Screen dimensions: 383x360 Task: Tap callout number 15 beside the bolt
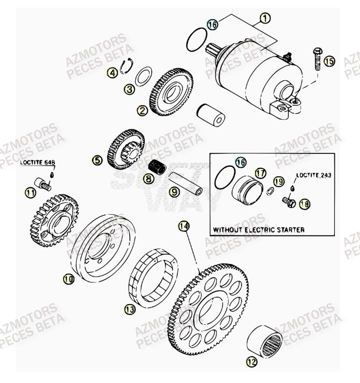coord(329,61)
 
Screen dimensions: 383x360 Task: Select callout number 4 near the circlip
coord(112,72)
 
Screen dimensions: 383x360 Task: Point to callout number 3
coord(129,90)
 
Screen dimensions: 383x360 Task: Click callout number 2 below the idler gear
coord(142,111)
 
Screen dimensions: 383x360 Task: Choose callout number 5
coord(97,159)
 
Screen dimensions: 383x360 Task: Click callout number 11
coord(32,191)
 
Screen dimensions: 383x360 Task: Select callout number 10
coord(68,278)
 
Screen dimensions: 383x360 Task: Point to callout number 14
coord(183,226)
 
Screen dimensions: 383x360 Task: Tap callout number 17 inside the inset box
coord(260,174)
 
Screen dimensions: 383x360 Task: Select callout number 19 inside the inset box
coord(277,182)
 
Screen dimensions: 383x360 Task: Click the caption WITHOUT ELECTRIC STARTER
coord(259,230)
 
